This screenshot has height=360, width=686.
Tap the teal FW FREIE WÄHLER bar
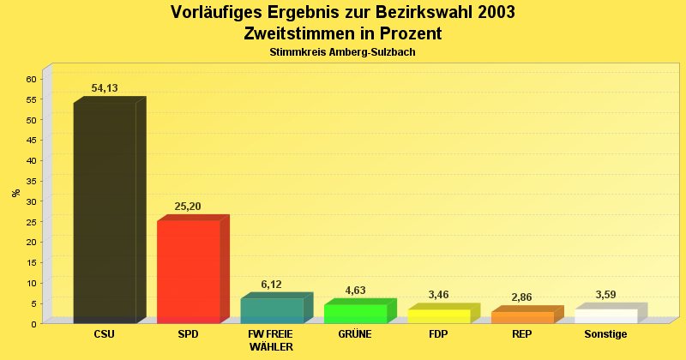(272, 310)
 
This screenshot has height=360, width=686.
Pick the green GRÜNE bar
(356, 314)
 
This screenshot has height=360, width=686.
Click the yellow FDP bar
(439, 316)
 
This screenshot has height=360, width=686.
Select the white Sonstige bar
(606, 315)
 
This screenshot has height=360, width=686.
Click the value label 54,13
(105, 88)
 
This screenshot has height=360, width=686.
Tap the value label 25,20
(188, 207)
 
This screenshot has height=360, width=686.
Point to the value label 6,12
(272, 285)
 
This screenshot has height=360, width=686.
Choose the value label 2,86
(522, 297)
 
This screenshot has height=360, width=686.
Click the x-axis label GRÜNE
(355, 334)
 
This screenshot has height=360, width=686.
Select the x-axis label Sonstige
(605, 334)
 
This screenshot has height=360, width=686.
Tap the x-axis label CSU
(104, 334)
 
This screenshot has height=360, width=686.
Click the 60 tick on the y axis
(31, 79)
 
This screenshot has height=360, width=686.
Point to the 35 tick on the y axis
(31, 181)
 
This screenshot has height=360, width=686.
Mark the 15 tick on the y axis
(31, 262)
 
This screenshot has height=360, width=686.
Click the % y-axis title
(16, 192)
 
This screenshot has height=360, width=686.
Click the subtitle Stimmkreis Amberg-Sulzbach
(343, 52)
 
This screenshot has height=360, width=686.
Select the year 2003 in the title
(492, 13)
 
